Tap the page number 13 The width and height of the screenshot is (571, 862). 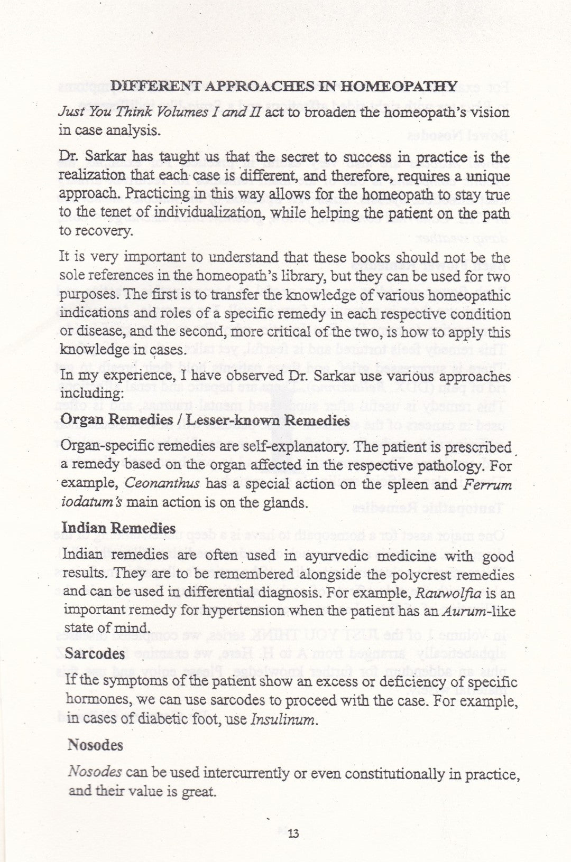coord(293,834)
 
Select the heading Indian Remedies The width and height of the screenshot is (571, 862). coord(118,528)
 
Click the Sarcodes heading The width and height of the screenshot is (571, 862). coord(95,653)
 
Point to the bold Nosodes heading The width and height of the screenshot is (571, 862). coord(95,745)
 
